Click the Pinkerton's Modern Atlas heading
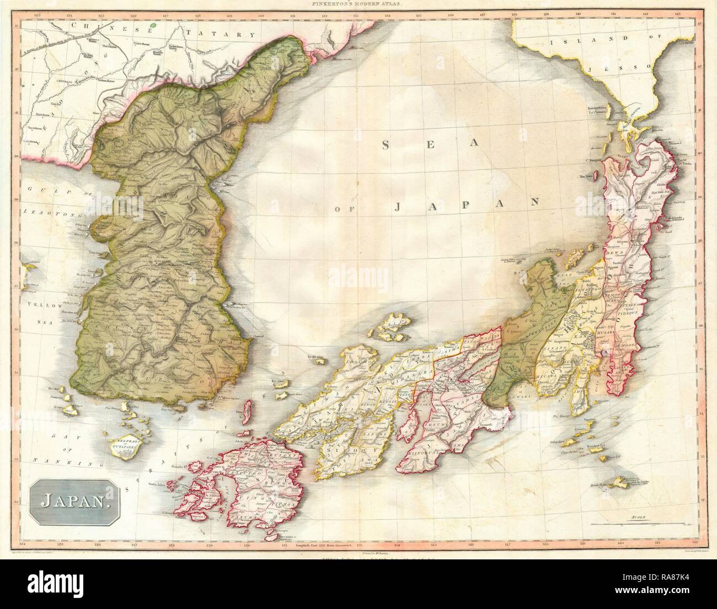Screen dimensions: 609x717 point(359,4)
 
